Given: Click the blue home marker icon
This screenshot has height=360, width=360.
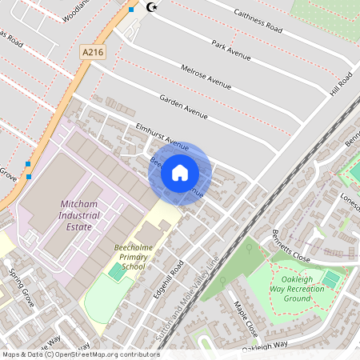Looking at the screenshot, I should coord(180,172).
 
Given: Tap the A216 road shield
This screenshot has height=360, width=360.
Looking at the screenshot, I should coord(92,51).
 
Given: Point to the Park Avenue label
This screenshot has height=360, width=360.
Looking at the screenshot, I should coord(231,50).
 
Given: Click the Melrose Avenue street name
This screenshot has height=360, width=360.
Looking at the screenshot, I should coord(206,77).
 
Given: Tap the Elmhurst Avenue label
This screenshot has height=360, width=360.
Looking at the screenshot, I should coord(162,135).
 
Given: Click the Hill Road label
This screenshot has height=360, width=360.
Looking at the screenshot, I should coord(341,84).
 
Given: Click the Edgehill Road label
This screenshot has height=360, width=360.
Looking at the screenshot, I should coord(168,281).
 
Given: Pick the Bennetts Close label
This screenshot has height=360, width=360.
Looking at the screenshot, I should coord(290,247).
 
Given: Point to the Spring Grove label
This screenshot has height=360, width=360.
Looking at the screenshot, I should coord(19,282).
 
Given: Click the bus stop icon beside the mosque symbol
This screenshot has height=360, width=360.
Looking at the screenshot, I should coord(131,10).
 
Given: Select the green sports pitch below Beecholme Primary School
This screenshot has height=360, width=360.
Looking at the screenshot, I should coord(117,272).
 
